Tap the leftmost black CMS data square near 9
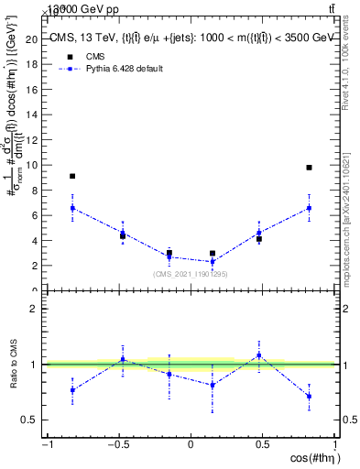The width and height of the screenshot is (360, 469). (x=72, y=176)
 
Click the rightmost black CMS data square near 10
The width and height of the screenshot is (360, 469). (x=310, y=168)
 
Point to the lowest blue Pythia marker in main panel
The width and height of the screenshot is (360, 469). (x=213, y=262)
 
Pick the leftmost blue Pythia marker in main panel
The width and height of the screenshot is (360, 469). (x=72, y=208)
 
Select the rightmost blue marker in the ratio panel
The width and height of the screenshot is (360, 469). (x=310, y=396)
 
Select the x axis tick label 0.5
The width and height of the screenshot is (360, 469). (x=263, y=445)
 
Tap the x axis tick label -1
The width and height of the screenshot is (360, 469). (x=46, y=445)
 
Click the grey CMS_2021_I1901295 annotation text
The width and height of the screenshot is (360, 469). (x=190, y=274)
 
